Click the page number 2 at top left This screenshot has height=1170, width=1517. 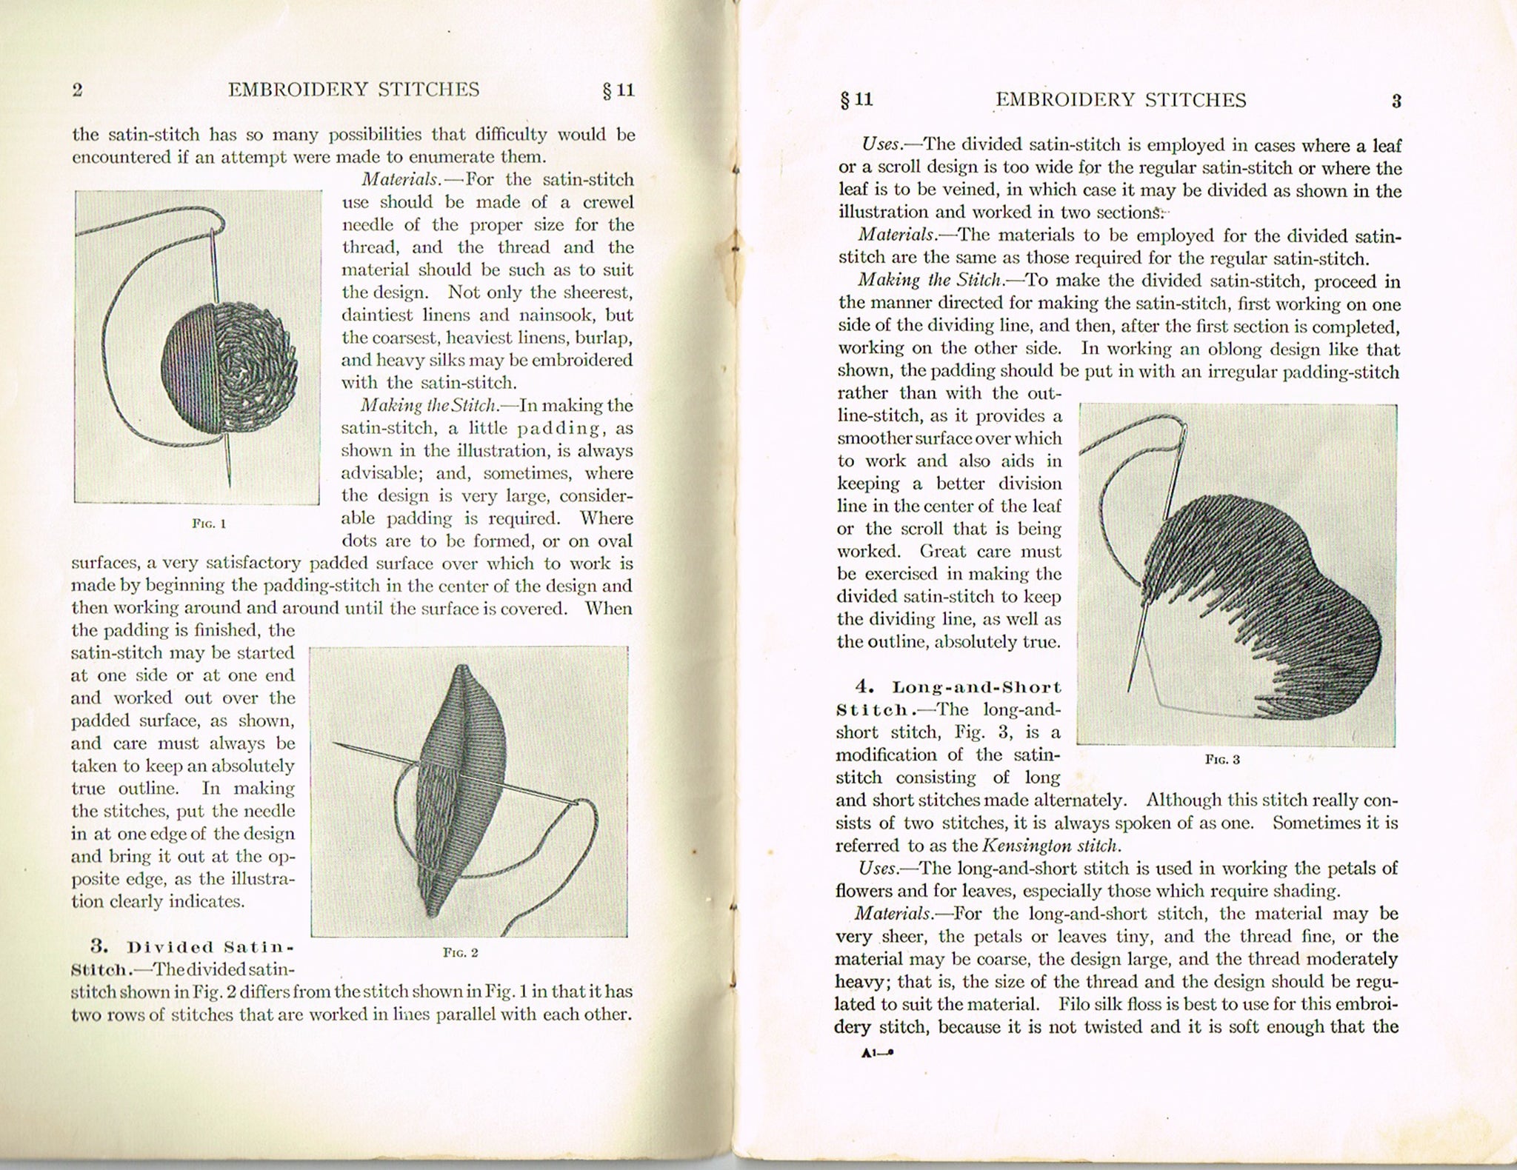[x=78, y=90]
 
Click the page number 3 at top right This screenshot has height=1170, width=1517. [x=1396, y=101]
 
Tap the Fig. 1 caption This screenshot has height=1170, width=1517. [x=209, y=524]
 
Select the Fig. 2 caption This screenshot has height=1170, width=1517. [x=460, y=952]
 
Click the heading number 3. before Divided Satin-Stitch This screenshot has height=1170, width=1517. [x=99, y=946]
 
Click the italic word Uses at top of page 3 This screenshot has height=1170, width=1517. [x=881, y=144]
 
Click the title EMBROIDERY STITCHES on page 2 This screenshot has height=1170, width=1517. [x=353, y=90]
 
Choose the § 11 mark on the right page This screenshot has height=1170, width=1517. [x=856, y=100]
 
